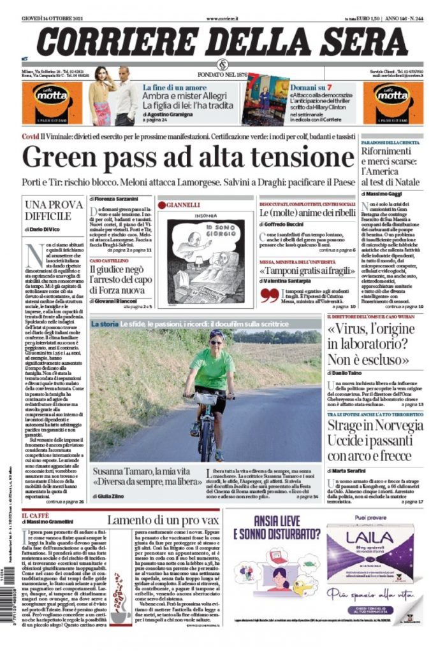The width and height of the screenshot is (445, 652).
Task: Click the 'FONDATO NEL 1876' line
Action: click(x=224, y=75)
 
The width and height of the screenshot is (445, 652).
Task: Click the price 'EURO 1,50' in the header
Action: click(x=365, y=18)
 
